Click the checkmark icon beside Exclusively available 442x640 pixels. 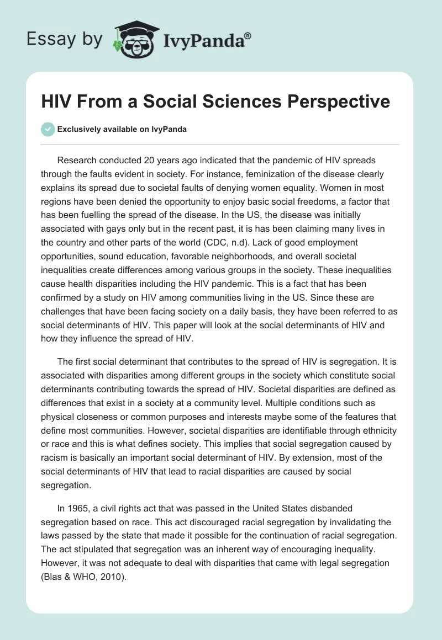point(48,129)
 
